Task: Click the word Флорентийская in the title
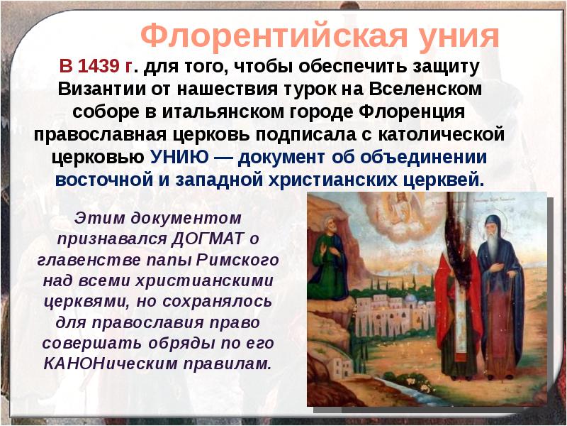click(265, 35)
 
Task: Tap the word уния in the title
click(457, 35)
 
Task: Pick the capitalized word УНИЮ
click(169, 157)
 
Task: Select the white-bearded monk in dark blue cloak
click(500, 298)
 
